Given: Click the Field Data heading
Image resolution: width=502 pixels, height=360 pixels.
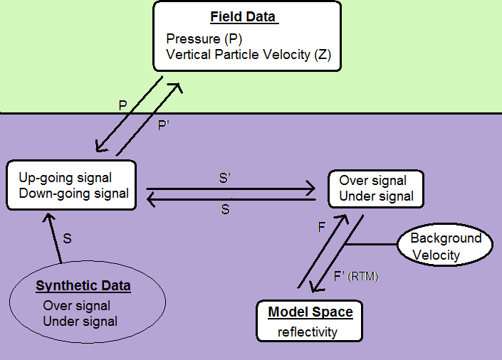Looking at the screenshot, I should point(242,17).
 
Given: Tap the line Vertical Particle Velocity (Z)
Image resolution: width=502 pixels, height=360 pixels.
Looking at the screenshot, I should point(249,54).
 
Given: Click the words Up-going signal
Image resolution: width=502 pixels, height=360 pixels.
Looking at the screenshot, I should point(66,178).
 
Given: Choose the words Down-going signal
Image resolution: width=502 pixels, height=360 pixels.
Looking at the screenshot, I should point(74,193).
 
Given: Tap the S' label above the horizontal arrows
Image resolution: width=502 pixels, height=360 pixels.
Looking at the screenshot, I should point(225,179).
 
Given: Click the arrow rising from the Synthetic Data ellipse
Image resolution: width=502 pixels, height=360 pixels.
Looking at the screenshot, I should point(56,241).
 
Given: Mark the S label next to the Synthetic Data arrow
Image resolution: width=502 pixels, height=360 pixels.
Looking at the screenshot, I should point(68,239).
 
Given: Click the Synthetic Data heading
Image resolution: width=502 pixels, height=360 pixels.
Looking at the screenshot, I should point(83,286).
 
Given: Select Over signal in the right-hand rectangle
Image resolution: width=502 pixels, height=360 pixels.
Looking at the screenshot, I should point(372,181).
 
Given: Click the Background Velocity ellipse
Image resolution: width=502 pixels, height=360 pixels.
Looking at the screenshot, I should point(446,246).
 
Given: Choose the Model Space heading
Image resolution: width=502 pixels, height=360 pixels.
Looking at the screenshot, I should point(310,312).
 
